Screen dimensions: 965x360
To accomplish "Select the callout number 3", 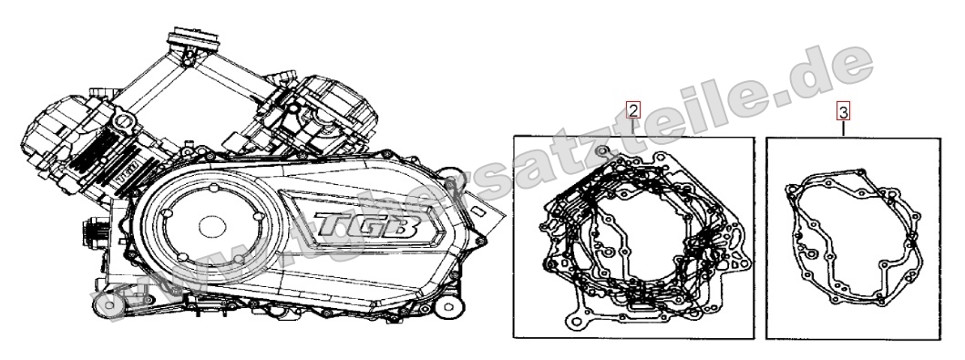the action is pyautogui.click(x=845, y=112).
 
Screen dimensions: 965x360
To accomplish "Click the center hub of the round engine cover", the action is pyautogui.click(x=211, y=224).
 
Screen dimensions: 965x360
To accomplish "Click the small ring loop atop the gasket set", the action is pyautogui.click(x=601, y=148).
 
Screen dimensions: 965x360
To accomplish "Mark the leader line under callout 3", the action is pyautogui.click(x=845, y=129).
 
